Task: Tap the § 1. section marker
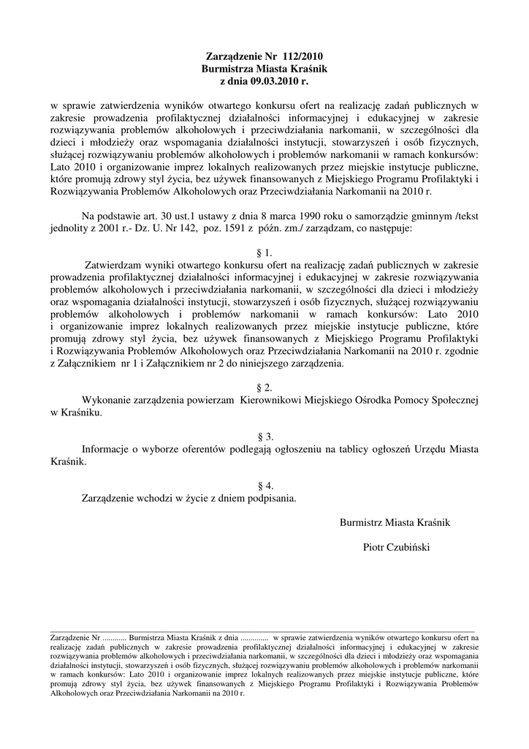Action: click(x=264, y=252)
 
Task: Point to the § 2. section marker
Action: click(x=264, y=387)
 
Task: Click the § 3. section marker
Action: click(x=264, y=437)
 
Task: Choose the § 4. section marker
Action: click(x=264, y=486)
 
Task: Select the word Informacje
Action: click(x=108, y=449)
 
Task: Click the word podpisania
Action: click(x=270, y=498)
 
